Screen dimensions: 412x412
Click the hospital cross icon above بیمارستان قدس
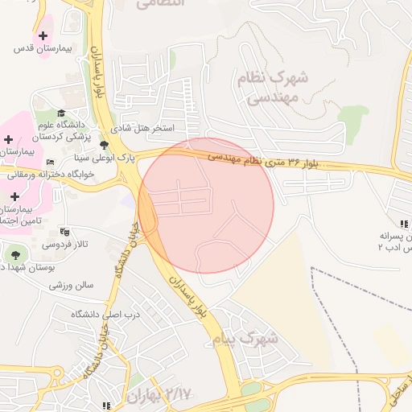click(x=43, y=36)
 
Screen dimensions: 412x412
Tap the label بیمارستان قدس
click(x=43, y=49)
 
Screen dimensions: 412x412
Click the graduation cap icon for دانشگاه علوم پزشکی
click(x=61, y=113)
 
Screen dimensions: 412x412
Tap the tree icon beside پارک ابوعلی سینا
click(x=103, y=145)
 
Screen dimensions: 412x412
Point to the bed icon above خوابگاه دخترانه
click(x=52, y=163)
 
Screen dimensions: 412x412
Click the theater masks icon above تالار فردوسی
click(x=65, y=231)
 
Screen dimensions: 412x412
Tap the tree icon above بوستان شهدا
click(x=16, y=254)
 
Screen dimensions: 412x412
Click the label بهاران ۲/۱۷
click(x=161, y=394)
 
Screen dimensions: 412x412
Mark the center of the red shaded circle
click(x=206, y=206)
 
